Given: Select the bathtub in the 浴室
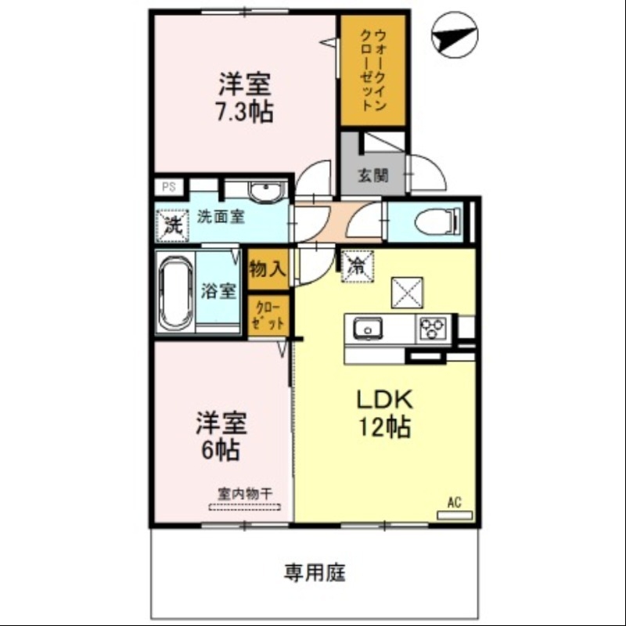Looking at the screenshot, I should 174,293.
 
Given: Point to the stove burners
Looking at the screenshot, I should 433,329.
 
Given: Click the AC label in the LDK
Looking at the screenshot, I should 454,503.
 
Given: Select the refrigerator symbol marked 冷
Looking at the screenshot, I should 356,264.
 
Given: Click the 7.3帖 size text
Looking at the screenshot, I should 245,112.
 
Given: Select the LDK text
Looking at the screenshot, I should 384,400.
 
